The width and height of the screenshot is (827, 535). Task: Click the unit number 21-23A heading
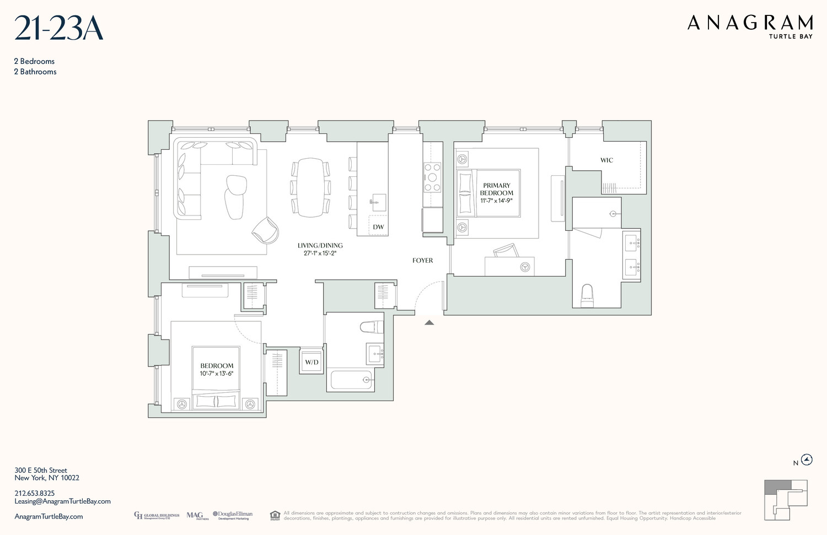(58, 29)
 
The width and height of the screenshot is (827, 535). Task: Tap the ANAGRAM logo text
(750, 23)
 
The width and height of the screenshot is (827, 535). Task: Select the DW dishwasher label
(378, 227)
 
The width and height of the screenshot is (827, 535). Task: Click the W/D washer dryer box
(312, 362)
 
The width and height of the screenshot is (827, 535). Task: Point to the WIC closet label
(606, 160)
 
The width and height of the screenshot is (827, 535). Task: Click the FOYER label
(423, 261)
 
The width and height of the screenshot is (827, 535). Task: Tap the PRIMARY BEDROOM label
(496, 189)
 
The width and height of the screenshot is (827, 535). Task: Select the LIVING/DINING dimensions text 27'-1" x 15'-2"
(320, 253)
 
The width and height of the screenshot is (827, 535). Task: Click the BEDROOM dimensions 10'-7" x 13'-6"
(217, 374)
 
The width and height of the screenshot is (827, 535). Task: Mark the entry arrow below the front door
(429, 323)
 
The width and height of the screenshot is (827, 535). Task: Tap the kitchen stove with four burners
(432, 177)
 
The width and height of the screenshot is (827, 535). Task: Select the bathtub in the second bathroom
(351, 380)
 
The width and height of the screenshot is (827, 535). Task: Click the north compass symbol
(807, 460)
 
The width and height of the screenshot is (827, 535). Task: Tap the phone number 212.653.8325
(35, 493)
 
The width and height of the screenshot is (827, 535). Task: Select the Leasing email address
(62, 501)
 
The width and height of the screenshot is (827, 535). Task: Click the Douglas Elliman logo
(232, 515)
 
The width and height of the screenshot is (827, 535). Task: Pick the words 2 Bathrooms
(35, 72)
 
